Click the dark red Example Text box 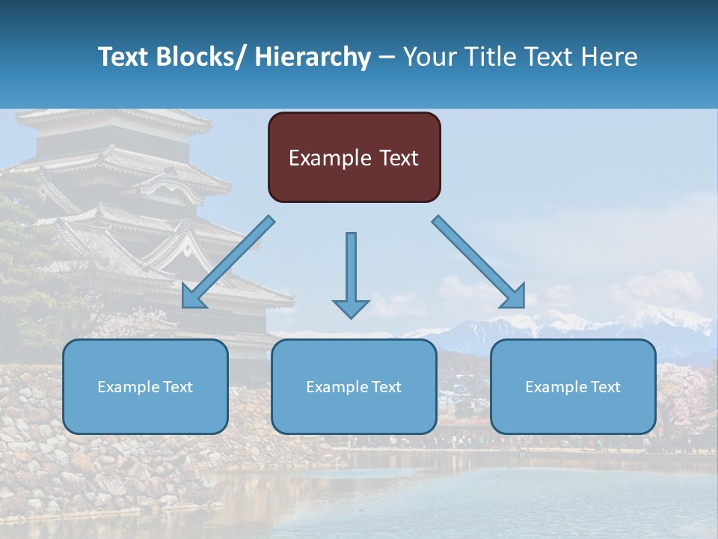[354, 157]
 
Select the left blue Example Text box [145, 386]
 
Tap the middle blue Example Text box [354, 386]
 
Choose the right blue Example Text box [573, 386]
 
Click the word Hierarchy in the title [313, 57]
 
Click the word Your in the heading [429, 57]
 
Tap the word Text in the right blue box [605, 387]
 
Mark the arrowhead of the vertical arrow [351, 307]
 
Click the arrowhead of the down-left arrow [192, 297]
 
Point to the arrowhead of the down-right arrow [515, 297]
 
